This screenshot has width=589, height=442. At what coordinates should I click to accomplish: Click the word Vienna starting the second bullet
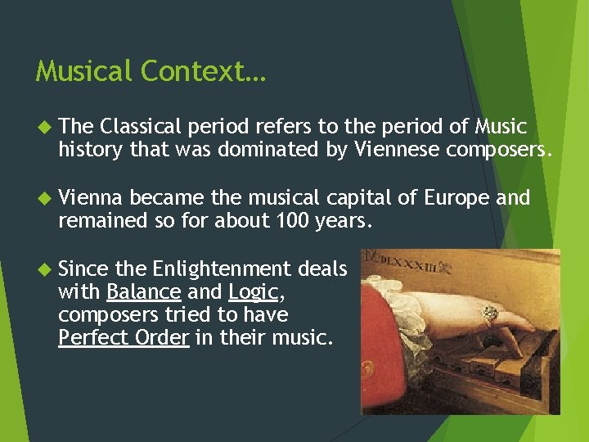tap(91, 198)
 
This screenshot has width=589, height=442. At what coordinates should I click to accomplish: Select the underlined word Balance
tap(143, 292)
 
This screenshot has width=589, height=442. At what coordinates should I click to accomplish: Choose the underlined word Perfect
tap(88, 338)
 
